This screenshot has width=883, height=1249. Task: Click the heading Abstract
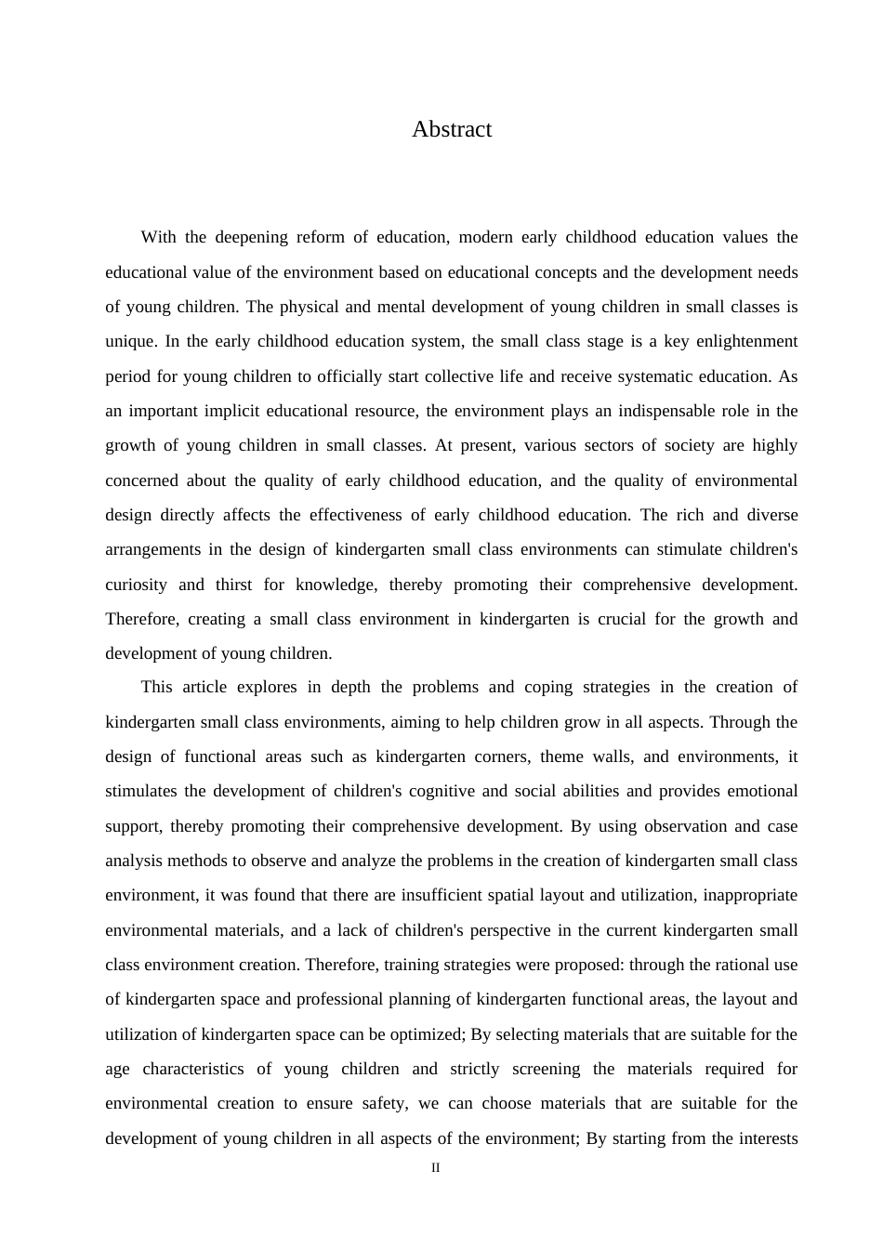(452, 129)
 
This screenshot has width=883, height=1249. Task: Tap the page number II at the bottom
(435, 1168)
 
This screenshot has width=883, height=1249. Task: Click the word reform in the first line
(319, 237)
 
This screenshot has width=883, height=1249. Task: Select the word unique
(131, 341)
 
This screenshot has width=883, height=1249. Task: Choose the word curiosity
(136, 585)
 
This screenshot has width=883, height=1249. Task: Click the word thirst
(233, 585)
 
